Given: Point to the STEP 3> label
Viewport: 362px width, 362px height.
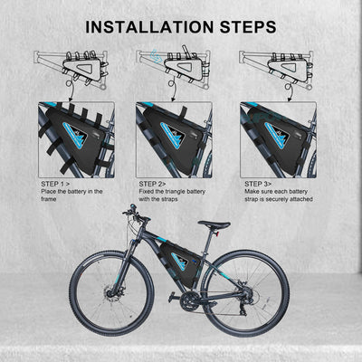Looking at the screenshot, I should pos(259,183).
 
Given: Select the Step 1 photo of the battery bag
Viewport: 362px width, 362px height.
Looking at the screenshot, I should pos(76,138).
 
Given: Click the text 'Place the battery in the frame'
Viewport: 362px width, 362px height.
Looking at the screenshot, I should pos(72,195).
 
